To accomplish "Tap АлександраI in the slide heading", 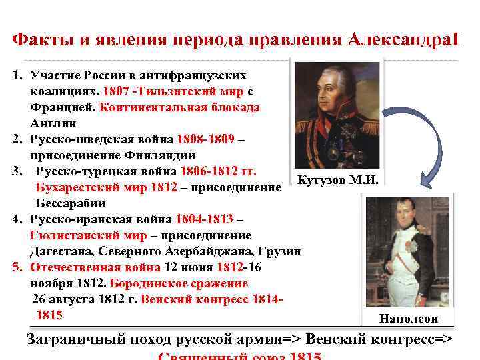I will pos(403,38).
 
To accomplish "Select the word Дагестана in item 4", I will pos(63,251).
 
